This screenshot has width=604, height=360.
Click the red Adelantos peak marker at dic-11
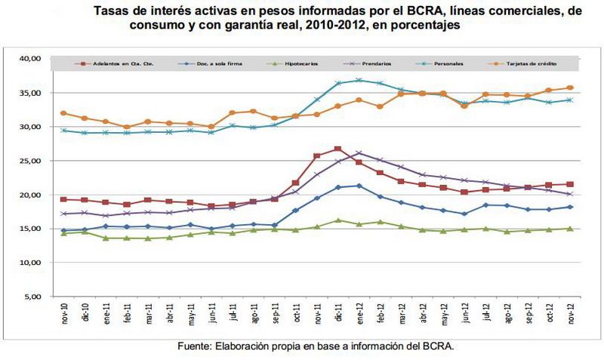click(x=337, y=149)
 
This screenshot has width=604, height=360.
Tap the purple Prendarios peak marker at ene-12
click(x=359, y=153)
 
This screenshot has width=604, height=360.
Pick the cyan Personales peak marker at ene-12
click(x=359, y=80)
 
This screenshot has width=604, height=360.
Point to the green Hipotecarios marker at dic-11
click(x=337, y=220)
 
